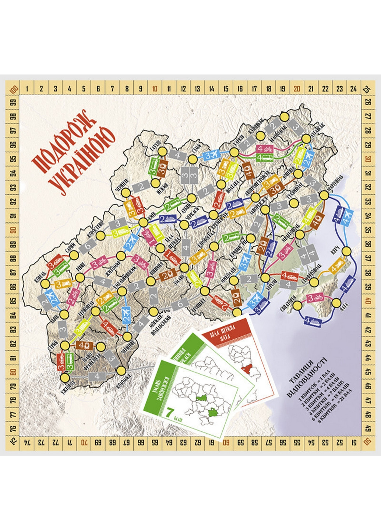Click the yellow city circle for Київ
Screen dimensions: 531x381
(x=144, y=222)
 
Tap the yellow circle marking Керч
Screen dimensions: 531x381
(x=346, y=251)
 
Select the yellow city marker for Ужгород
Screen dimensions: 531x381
(x=65, y=378)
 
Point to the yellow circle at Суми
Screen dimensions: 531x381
(x=192, y=159)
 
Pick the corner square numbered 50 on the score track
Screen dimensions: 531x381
(x=367, y=442)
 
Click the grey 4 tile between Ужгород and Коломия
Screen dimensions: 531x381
(x=97, y=376)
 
